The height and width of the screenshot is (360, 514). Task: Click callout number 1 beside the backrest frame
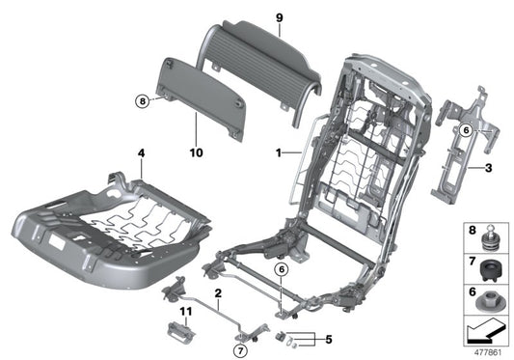(278, 152)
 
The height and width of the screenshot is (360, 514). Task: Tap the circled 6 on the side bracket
(465, 130)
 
